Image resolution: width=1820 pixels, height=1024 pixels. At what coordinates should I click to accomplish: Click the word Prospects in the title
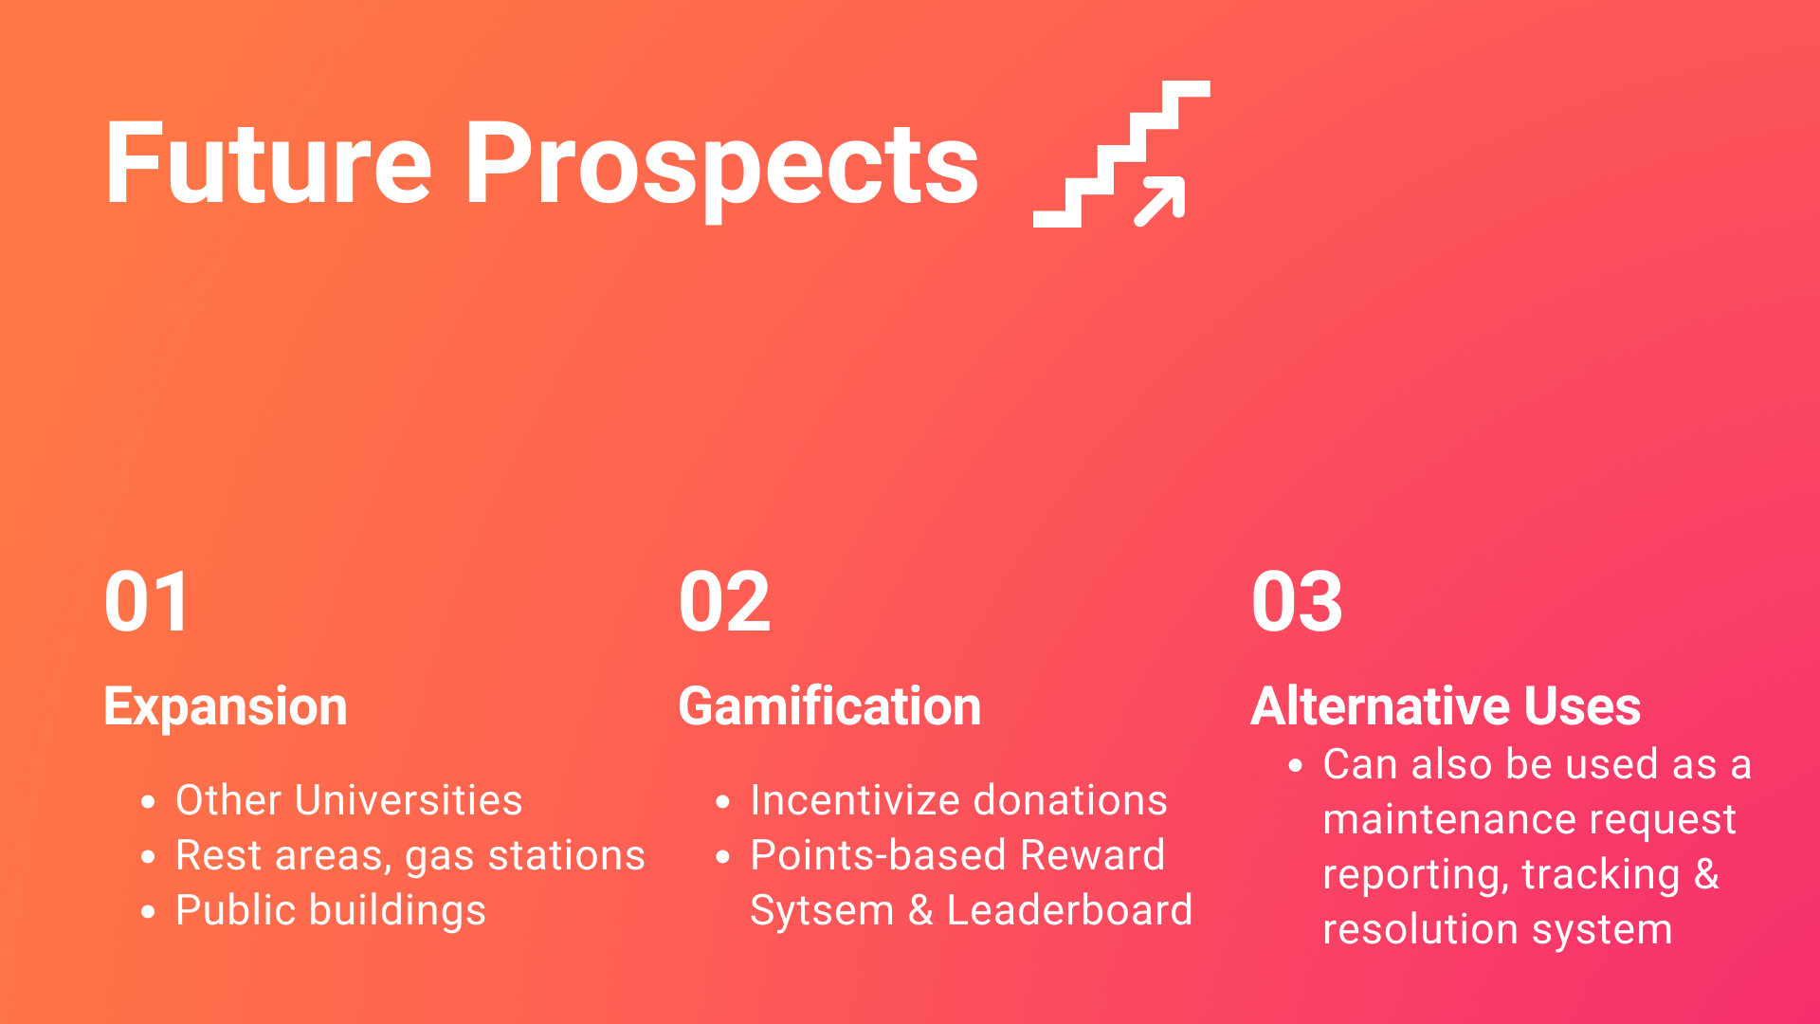(721, 171)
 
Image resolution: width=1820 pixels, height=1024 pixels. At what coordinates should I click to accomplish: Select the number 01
(148, 602)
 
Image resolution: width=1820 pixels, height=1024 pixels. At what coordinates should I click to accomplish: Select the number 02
(725, 602)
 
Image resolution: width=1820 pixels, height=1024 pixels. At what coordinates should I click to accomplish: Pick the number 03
(1298, 602)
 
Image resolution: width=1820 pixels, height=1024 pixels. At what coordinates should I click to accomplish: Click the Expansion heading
(226, 708)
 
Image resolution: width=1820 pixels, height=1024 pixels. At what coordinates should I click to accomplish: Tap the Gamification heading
(829, 706)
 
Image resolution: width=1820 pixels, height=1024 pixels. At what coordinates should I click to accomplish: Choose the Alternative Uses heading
(1446, 706)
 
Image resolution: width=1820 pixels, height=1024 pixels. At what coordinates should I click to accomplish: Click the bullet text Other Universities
(349, 800)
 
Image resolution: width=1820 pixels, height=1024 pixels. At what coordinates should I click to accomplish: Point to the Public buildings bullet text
(331, 911)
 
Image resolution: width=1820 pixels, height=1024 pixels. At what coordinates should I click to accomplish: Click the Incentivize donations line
(958, 800)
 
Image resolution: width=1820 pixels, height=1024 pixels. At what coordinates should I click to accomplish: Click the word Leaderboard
(1069, 910)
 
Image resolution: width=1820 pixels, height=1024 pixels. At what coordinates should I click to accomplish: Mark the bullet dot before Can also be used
(1296, 765)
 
